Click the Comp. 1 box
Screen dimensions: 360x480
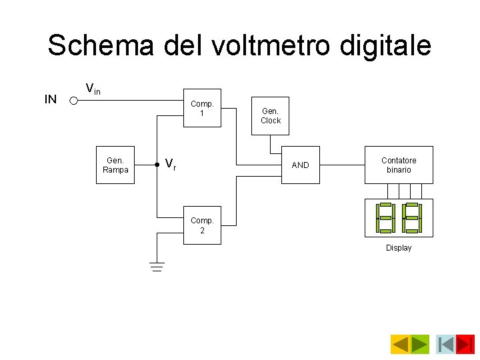(x=202, y=108)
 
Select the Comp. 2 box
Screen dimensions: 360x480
(x=202, y=225)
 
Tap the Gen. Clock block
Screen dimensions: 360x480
(x=271, y=116)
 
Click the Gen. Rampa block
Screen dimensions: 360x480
(x=115, y=165)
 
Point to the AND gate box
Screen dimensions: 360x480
(x=301, y=165)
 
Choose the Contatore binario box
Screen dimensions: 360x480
(x=399, y=165)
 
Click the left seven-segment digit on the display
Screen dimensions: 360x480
(x=385, y=217)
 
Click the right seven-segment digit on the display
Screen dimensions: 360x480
(x=412, y=217)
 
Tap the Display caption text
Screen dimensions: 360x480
(x=399, y=248)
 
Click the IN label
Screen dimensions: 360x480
(x=50, y=100)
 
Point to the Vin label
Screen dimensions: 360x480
(x=93, y=88)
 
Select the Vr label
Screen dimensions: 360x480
(x=171, y=164)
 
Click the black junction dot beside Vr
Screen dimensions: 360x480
(x=157, y=163)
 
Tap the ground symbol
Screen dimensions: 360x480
(x=157, y=267)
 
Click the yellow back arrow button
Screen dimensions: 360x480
(x=400, y=344)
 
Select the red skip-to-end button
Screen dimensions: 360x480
(x=465, y=344)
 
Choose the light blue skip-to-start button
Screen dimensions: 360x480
(x=446, y=344)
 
